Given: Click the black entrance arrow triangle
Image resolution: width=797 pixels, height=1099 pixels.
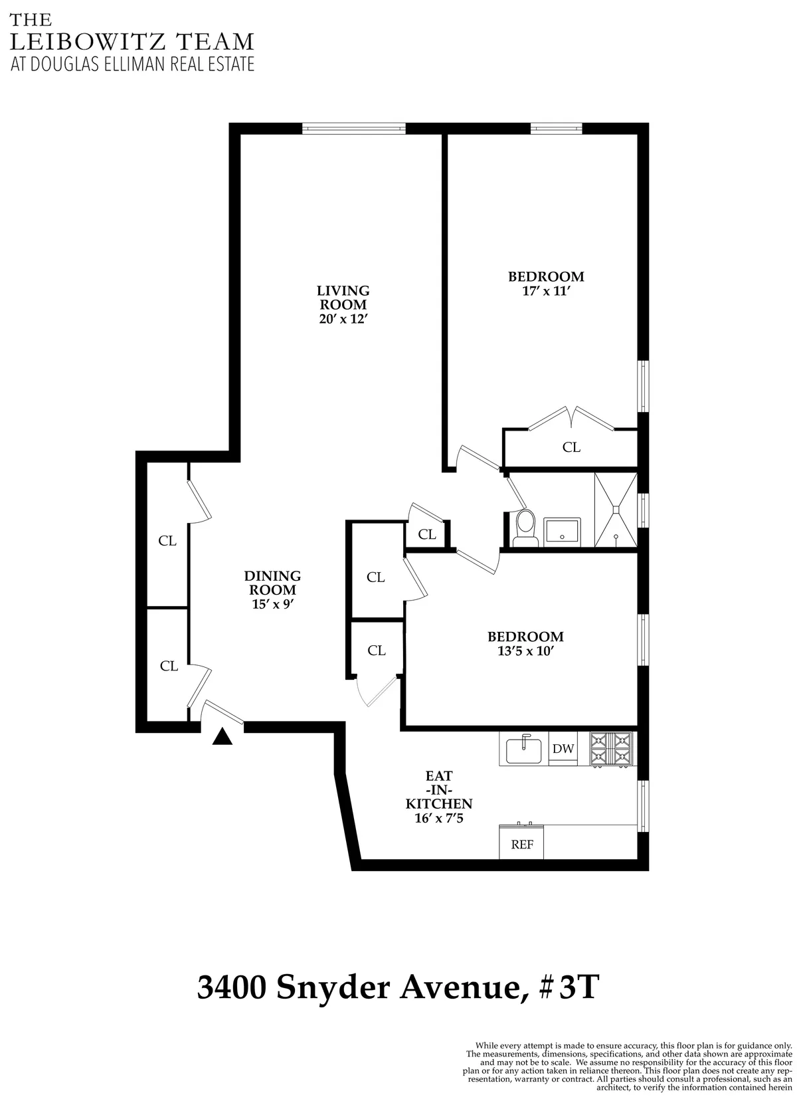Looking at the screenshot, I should point(222,736).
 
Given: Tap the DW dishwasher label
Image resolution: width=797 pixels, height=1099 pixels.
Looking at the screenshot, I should point(563,749).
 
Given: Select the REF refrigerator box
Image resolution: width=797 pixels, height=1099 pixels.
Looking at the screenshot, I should point(522,845).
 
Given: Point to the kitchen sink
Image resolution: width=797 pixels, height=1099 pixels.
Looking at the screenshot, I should point(524,750).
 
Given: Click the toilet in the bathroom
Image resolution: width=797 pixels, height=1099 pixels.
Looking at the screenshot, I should point(525,528).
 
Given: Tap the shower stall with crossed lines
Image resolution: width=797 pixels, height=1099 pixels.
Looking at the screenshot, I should point(616,510).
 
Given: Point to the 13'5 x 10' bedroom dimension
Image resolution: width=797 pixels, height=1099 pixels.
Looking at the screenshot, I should point(525,652).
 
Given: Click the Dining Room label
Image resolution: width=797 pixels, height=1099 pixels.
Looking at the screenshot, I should point(272,583).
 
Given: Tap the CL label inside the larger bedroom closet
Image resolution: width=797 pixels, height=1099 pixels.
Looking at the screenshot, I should point(571,447).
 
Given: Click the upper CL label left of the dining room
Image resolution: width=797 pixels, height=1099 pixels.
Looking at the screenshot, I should point(167,541).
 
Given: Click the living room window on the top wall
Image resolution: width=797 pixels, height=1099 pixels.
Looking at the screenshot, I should point(353,128).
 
